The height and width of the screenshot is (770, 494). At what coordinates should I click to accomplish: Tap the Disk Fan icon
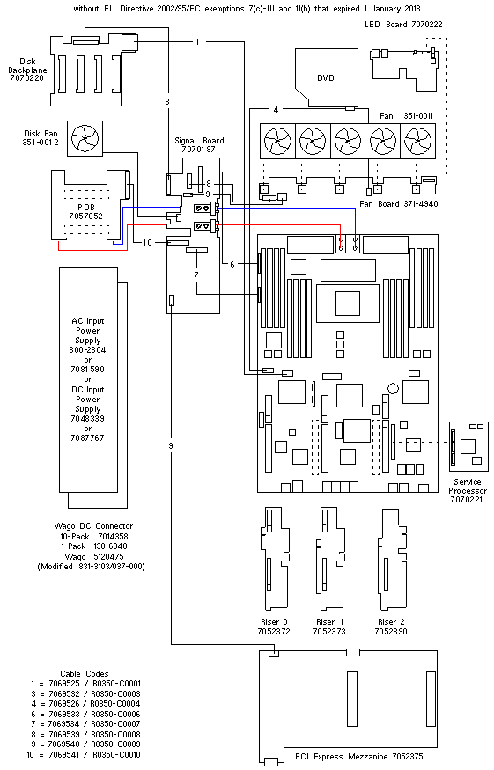click(85, 138)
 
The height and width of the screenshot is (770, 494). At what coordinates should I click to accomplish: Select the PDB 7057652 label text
click(86, 212)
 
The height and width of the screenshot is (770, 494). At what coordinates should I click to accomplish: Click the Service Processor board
click(468, 445)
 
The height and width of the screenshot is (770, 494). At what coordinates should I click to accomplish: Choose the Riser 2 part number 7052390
click(391, 632)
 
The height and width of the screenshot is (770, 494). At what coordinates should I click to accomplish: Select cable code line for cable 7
click(85, 724)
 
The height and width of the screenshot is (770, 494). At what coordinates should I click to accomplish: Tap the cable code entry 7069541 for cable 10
click(64, 754)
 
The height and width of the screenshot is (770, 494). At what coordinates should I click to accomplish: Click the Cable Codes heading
click(84, 674)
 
